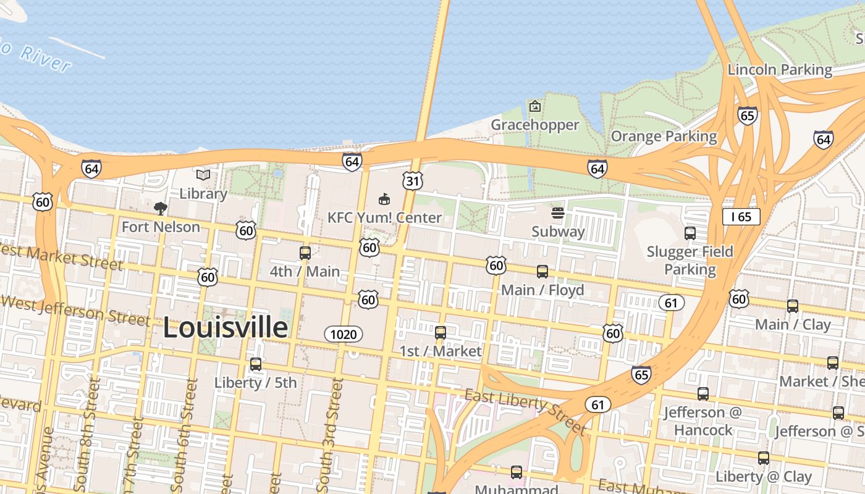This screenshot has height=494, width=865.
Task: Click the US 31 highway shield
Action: [412, 180]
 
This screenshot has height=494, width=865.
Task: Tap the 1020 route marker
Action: [344, 334]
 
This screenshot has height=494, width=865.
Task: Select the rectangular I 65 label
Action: [741, 216]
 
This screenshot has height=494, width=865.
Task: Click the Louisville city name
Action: [226, 327]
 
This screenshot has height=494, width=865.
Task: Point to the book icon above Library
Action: [203, 175]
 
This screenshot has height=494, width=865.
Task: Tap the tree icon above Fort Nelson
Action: [161, 208]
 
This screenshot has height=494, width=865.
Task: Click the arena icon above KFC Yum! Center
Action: [384, 199]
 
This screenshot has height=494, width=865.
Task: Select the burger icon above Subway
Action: [558, 214]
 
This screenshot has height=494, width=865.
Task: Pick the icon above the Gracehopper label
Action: [535, 106]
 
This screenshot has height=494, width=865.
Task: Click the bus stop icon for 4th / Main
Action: [305, 253]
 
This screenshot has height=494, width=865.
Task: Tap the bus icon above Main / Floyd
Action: [542, 271]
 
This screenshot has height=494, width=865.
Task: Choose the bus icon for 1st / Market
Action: [441, 332]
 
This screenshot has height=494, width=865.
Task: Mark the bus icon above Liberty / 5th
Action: [256, 364]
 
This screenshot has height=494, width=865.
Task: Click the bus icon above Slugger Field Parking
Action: [690, 233]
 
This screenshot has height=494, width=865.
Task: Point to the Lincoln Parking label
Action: [780, 69]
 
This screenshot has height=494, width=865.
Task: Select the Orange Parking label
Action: [664, 136]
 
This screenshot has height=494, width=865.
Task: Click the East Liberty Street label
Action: [525, 411]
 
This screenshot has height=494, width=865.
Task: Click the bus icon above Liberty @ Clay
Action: [764, 458]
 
